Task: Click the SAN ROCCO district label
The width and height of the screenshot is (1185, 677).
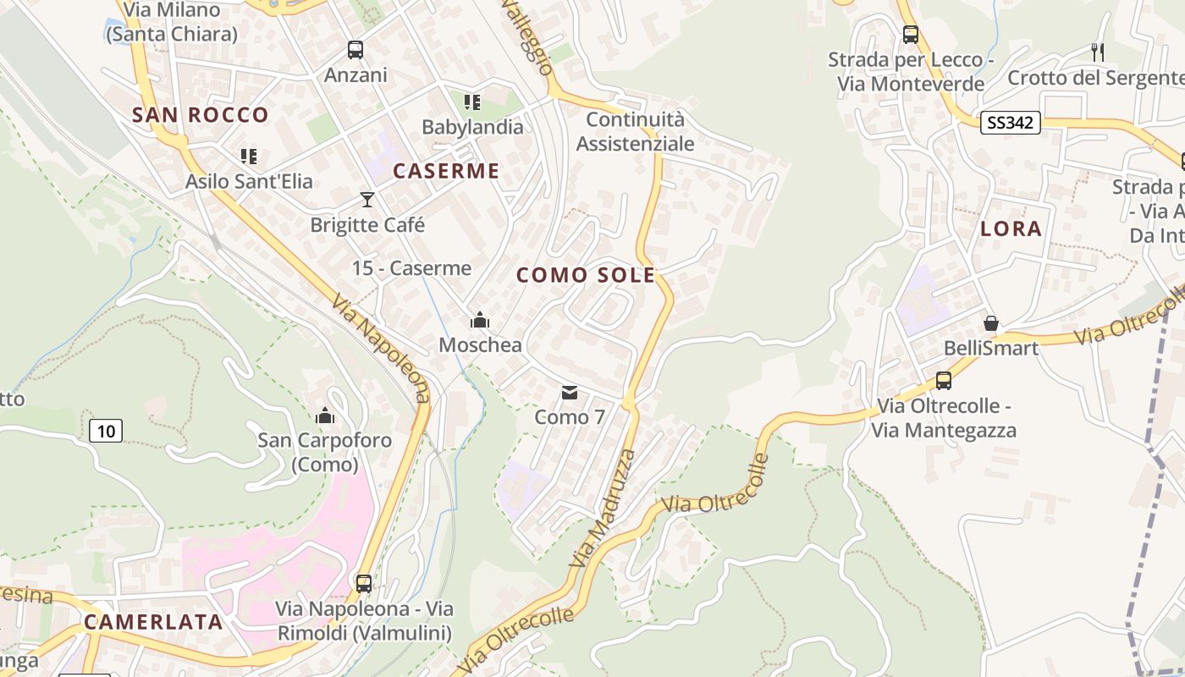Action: [x=200, y=115]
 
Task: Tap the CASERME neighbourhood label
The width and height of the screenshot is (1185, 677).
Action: [x=446, y=171]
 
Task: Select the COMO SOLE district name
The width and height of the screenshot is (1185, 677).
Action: [x=586, y=275]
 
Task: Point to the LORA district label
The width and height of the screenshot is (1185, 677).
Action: [x=1011, y=228]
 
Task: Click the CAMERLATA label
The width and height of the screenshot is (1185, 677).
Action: [x=153, y=622]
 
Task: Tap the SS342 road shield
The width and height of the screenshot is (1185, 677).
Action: [x=1010, y=123]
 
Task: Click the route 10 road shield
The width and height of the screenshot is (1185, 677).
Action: [x=106, y=431]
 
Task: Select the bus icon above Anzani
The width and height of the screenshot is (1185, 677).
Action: [x=355, y=50]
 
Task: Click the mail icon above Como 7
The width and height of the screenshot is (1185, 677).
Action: [x=570, y=393]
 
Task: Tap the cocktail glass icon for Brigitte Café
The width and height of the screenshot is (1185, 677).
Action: [x=367, y=200]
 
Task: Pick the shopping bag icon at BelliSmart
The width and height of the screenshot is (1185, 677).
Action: [x=990, y=323]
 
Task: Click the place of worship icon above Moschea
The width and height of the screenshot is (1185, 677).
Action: [x=480, y=320]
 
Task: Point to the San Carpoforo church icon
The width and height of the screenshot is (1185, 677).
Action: [x=324, y=416]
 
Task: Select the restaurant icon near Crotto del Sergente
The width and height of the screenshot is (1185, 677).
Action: [x=1098, y=52]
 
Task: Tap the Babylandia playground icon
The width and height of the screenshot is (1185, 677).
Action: [x=472, y=102]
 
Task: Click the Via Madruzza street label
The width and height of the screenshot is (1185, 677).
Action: [x=603, y=508]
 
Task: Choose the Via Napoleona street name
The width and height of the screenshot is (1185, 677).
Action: [x=381, y=348]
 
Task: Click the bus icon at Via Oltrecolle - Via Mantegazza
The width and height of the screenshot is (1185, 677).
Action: [x=944, y=381]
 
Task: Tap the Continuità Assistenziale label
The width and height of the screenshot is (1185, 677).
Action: [x=635, y=131]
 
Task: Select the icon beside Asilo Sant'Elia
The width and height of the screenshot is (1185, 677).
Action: [x=248, y=156]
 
